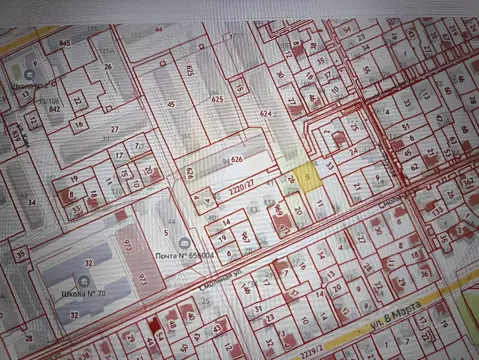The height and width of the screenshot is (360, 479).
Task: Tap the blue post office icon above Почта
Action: coord(183,243)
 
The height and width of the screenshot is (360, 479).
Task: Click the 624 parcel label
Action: coord(266,114)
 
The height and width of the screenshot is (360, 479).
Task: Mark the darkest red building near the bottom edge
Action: coord(154,324)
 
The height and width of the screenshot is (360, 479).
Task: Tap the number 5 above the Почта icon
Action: coord(166,232)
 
